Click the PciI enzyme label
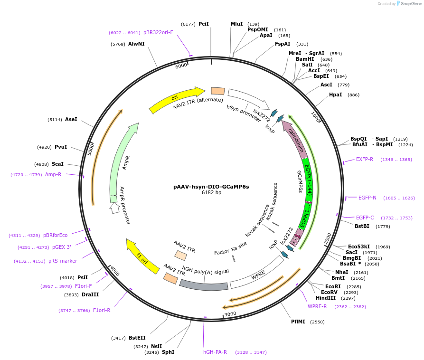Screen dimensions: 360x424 pos(203,24)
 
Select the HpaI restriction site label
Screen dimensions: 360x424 pos(335,95)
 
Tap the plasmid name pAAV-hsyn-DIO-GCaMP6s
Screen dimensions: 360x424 pos(211,187)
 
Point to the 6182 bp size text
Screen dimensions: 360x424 pos(211,193)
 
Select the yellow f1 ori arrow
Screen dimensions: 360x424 pos(142,256)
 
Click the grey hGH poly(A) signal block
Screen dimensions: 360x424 pos(204,284)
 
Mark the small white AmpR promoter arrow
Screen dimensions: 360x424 pos(114,207)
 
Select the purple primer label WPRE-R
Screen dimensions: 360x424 pos(317,306)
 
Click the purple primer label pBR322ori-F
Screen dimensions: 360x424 pos(158,33)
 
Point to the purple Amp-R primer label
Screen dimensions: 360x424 pos(53,175)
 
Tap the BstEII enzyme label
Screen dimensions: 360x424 pos(137,338)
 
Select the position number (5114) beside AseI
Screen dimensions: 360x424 pos(55,120)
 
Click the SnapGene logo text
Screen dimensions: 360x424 pos(411,4)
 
